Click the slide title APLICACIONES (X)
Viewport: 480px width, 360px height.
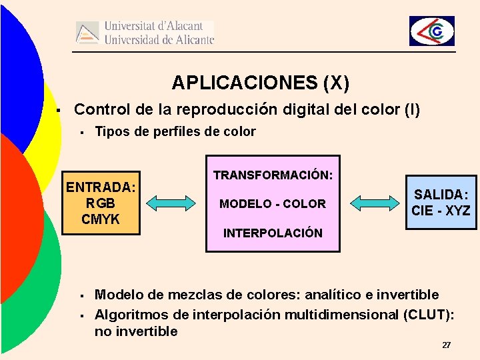(x=260, y=83)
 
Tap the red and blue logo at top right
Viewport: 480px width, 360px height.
(x=432, y=31)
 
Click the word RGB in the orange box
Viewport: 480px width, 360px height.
(x=101, y=203)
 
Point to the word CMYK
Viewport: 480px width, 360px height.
(x=101, y=219)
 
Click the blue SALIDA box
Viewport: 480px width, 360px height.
(x=441, y=202)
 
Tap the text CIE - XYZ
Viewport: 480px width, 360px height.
(x=441, y=211)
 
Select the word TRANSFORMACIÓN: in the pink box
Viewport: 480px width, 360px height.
(x=273, y=175)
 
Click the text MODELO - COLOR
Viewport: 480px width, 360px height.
(x=273, y=204)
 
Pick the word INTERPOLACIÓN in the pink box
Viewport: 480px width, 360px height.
(x=273, y=233)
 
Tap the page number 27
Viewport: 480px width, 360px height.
(x=446, y=345)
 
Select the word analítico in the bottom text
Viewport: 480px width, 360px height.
(x=334, y=295)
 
